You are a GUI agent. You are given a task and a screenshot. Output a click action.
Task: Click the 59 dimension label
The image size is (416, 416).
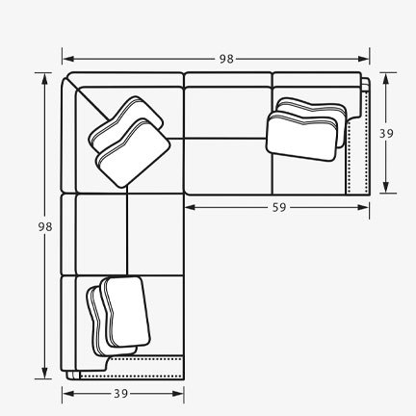tap(277, 205)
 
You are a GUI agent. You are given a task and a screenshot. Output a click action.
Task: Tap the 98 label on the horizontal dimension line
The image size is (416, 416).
tap(225, 59)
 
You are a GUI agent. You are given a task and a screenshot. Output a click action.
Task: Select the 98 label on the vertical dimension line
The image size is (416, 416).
tap(43, 225)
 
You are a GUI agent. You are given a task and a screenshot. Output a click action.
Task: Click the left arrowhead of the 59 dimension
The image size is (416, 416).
tap(187, 206)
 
